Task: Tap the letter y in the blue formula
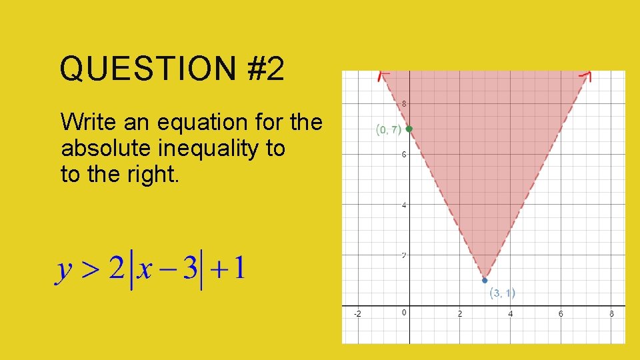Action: (64, 271)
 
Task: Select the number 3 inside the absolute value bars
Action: (191, 269)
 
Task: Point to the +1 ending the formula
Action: (229, 269)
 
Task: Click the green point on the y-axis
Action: (409, 129)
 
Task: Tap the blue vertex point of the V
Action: (485, 281)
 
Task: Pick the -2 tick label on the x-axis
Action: (357, 313)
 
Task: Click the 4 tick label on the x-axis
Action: (510, 313)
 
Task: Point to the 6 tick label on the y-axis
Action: (404, 155)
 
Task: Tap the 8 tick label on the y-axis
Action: (404, 104)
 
